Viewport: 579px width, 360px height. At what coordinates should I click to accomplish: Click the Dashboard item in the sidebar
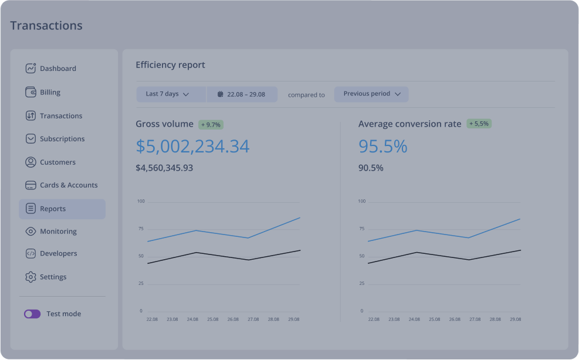(x=57, y=69)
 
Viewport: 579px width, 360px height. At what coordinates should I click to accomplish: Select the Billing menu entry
(x=50, y=92)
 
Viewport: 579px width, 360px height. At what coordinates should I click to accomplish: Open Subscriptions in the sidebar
(x=62, y=139)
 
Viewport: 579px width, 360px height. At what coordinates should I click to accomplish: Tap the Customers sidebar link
(x=57, y=162)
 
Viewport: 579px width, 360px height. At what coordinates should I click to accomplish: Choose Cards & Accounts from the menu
(x=68, y=185)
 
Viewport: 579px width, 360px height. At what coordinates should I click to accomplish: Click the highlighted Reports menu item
(x=62, y=209)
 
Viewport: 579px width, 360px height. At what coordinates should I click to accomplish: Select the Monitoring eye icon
(x=31, y=232)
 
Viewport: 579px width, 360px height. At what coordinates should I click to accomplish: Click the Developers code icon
(x=31, y=254)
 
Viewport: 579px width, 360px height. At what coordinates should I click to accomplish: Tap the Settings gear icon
(x=31, y=277)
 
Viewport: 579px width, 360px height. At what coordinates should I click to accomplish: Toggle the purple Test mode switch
(x=32, y=314)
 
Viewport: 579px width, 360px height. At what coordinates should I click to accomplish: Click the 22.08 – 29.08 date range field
(x=242, y=94)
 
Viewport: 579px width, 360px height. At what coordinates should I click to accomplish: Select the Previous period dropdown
(x=371, y=94)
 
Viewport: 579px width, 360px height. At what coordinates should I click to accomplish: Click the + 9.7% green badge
(x=211, y=125)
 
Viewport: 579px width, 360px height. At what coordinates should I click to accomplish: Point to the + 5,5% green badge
(x=479, y=124)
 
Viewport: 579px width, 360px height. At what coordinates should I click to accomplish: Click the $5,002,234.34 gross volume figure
(x=192, y=147)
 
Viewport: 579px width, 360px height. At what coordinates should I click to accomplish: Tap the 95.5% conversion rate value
(x=382, y=147)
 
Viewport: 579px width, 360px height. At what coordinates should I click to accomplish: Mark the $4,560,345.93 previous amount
(x=164, y=168)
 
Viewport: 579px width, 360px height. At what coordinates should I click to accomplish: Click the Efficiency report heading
(x=170, y=65)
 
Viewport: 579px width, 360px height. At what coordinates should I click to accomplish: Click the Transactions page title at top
(x=46, y=26)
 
